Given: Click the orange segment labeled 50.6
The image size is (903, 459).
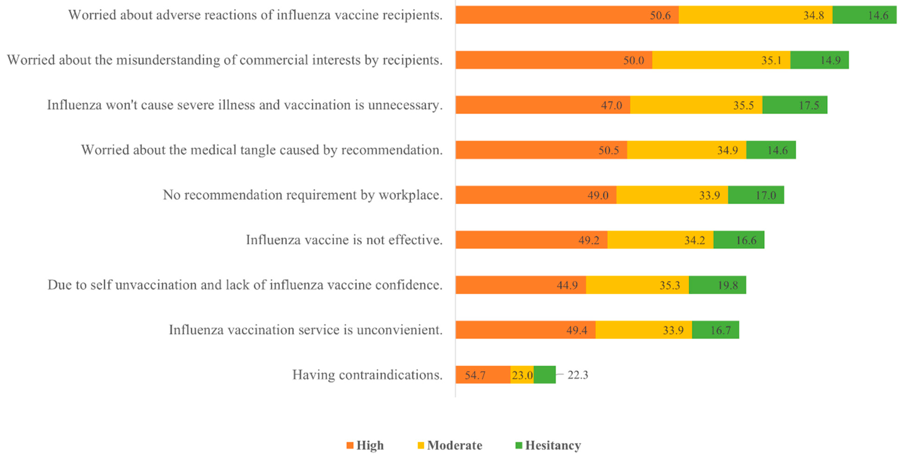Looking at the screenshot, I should (x=567, y=15).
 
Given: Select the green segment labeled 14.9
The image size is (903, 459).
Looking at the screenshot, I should (x=819, y=60).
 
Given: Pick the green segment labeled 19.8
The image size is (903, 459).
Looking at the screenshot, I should (x=717, y=285).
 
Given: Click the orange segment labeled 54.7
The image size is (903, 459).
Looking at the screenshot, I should (x=483, y=375).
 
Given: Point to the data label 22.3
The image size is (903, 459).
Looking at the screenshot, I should (x=578, y=375).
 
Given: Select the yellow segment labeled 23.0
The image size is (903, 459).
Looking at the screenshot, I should (x=522, y=375).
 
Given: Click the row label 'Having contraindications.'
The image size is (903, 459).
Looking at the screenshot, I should (x=367, y=375).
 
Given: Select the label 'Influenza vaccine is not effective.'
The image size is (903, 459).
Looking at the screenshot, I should (x=344, y=240).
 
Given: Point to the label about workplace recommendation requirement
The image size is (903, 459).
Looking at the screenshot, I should (x=303, y=195).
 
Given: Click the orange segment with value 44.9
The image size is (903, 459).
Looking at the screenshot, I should (x=520, y=285).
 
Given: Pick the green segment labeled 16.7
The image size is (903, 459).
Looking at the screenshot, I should (x=715, y=330).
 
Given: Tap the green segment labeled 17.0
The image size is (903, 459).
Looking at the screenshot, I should (x=756, y=195).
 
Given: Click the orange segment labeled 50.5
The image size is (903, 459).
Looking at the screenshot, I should (x=541, y=150).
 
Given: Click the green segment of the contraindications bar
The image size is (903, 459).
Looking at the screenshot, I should (x=544, y=375).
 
